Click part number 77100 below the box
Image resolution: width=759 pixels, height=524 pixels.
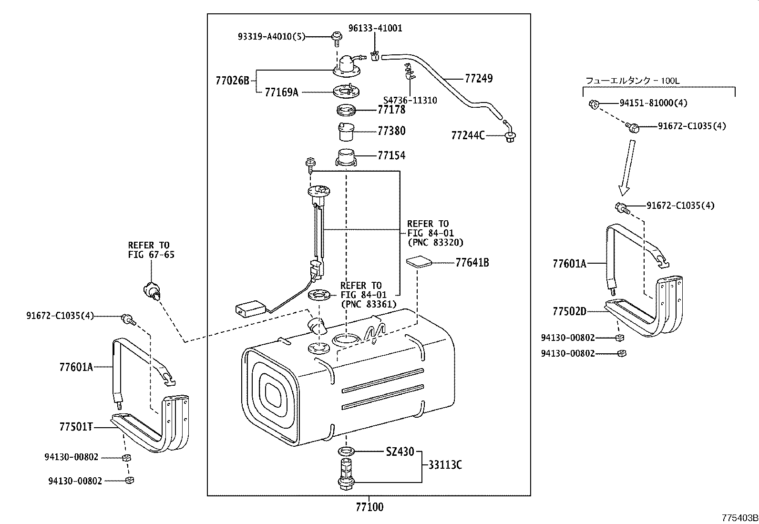[369, 506]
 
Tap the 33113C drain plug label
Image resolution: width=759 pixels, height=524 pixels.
[444, 465]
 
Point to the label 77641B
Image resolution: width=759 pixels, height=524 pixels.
[472, 263]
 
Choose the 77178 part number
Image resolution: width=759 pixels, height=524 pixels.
[391, 110]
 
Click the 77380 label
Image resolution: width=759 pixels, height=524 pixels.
[391, 131]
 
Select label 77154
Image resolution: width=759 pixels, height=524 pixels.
[391, 155]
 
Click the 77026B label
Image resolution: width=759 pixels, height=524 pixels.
[232, 81]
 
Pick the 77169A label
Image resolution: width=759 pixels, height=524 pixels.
[281, 92]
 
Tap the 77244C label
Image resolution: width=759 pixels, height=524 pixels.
[468, 136]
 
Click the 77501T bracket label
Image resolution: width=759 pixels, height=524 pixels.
[76, 427]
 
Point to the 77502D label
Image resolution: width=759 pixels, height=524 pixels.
[569, 311]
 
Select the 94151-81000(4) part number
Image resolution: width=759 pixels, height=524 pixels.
[653, 103]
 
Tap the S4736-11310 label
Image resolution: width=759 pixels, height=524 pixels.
[410, 101]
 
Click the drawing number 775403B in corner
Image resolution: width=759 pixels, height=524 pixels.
[739, 518]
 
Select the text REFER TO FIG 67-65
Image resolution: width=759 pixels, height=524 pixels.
[151, 250]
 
